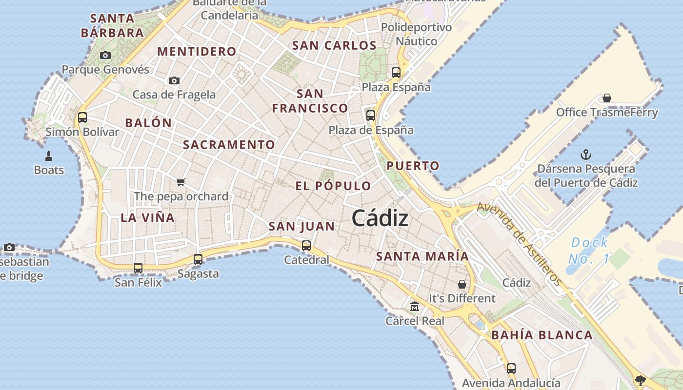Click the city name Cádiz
tap(380, 218)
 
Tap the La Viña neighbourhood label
tap(147, 217)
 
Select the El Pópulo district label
tap(333, 186)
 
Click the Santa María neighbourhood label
tap(422, 256)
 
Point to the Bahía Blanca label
tap(542, 335)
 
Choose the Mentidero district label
tap(197, 51)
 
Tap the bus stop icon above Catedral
tap(306, 245)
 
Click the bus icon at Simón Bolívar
tap(82, 117)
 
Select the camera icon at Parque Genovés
tap(105, 56)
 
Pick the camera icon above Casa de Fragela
tap(174, 80)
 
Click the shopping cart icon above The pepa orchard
tap(181, 182)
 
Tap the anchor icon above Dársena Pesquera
tap(586, 155)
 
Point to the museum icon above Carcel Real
tap(415, 307)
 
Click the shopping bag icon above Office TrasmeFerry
tap(607, 98)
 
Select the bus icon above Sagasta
tap(198, 259)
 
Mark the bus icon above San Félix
tap(138, 268)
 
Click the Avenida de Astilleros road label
tap(519, 244)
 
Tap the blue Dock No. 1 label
tap(589, 250)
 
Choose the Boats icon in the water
tap(49, 156)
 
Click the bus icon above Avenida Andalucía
tap(511, 368)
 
